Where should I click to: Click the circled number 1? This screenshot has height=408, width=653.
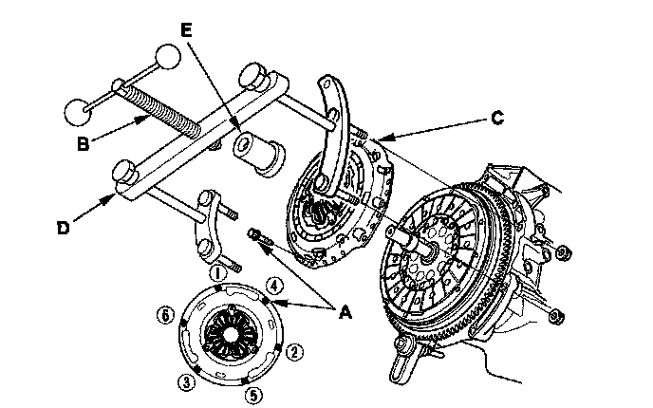pos(218,273)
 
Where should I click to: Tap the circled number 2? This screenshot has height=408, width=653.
pos(295,352)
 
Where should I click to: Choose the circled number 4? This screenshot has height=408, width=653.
pos(272,284)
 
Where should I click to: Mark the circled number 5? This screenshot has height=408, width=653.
pos(252,393)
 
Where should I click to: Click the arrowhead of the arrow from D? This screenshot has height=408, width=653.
pos(117,195)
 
